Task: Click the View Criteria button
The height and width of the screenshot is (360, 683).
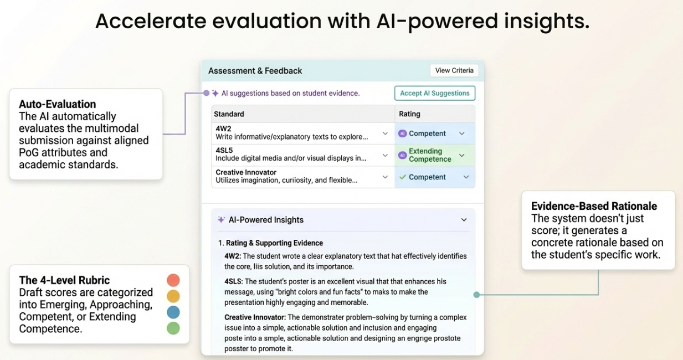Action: click(454, 70)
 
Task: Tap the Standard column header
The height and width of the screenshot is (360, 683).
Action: click(229, 114)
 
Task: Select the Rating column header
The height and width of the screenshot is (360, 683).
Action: click(409, 114)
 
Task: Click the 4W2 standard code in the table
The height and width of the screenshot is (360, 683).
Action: click(223, 128)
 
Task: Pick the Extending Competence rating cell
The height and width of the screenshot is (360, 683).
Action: click(435, 155)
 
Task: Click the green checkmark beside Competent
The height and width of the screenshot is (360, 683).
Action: click(403, 177)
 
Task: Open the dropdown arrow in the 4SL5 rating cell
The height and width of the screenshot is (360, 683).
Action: click(462, 156)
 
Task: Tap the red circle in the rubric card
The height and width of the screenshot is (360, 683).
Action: click(173, 280)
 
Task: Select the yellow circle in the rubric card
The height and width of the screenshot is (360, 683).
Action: click(173, 296)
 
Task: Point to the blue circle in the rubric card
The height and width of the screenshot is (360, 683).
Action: click(173, 312)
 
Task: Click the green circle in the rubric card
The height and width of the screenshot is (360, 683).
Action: click(173, 328)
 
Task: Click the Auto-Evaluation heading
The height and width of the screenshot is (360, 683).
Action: click(57, 104)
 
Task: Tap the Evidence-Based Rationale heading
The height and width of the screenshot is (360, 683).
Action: click(594, 207)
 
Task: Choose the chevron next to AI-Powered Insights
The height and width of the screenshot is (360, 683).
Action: click(464, 220)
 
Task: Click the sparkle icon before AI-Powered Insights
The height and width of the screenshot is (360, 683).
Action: click(222, 219)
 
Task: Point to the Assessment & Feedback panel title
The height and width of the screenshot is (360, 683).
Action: click(255, 71)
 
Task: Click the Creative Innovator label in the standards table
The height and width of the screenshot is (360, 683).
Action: click(246, 172)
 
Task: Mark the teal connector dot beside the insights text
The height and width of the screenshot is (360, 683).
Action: click(476, 295)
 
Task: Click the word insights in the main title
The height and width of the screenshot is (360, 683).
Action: click(547, 22)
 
